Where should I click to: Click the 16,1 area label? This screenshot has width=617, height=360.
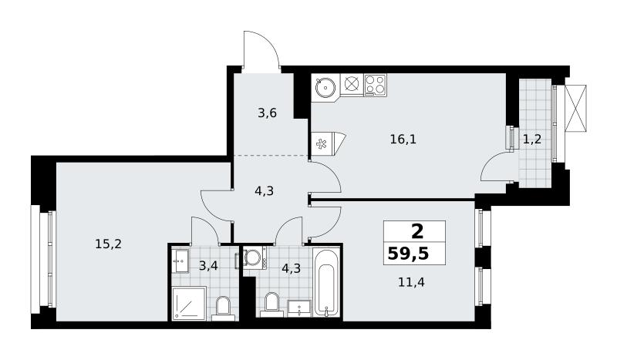point(403,139)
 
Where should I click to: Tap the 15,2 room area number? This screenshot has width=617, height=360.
point(108,244)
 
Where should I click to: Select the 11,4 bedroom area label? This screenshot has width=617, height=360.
point(411,282)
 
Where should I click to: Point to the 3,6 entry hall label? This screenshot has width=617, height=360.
point(267,113)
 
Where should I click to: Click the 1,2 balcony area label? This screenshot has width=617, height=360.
point(532,139)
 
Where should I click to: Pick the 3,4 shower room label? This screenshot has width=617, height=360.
point(208,266)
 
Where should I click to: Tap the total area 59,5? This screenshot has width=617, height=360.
point(408,254)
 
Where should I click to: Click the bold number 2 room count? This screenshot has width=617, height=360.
point(417,231)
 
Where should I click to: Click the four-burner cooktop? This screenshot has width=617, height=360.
point(375,85)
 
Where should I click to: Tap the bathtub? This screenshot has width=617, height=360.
point(326,282)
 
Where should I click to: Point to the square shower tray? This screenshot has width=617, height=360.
point(189,304)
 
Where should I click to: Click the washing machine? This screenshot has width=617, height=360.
point(254,258)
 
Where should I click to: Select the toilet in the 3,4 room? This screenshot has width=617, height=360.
point(224,308)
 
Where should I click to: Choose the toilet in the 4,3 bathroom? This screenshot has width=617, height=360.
point(271,304)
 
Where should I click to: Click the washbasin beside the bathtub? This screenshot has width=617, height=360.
point(299,308)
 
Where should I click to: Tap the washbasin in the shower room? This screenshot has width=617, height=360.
point(181,260)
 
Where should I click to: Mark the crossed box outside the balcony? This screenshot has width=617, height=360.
point(575,108)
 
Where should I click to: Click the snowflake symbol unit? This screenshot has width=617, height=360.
point(322,143)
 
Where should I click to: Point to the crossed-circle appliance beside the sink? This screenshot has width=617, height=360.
point(352,84)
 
